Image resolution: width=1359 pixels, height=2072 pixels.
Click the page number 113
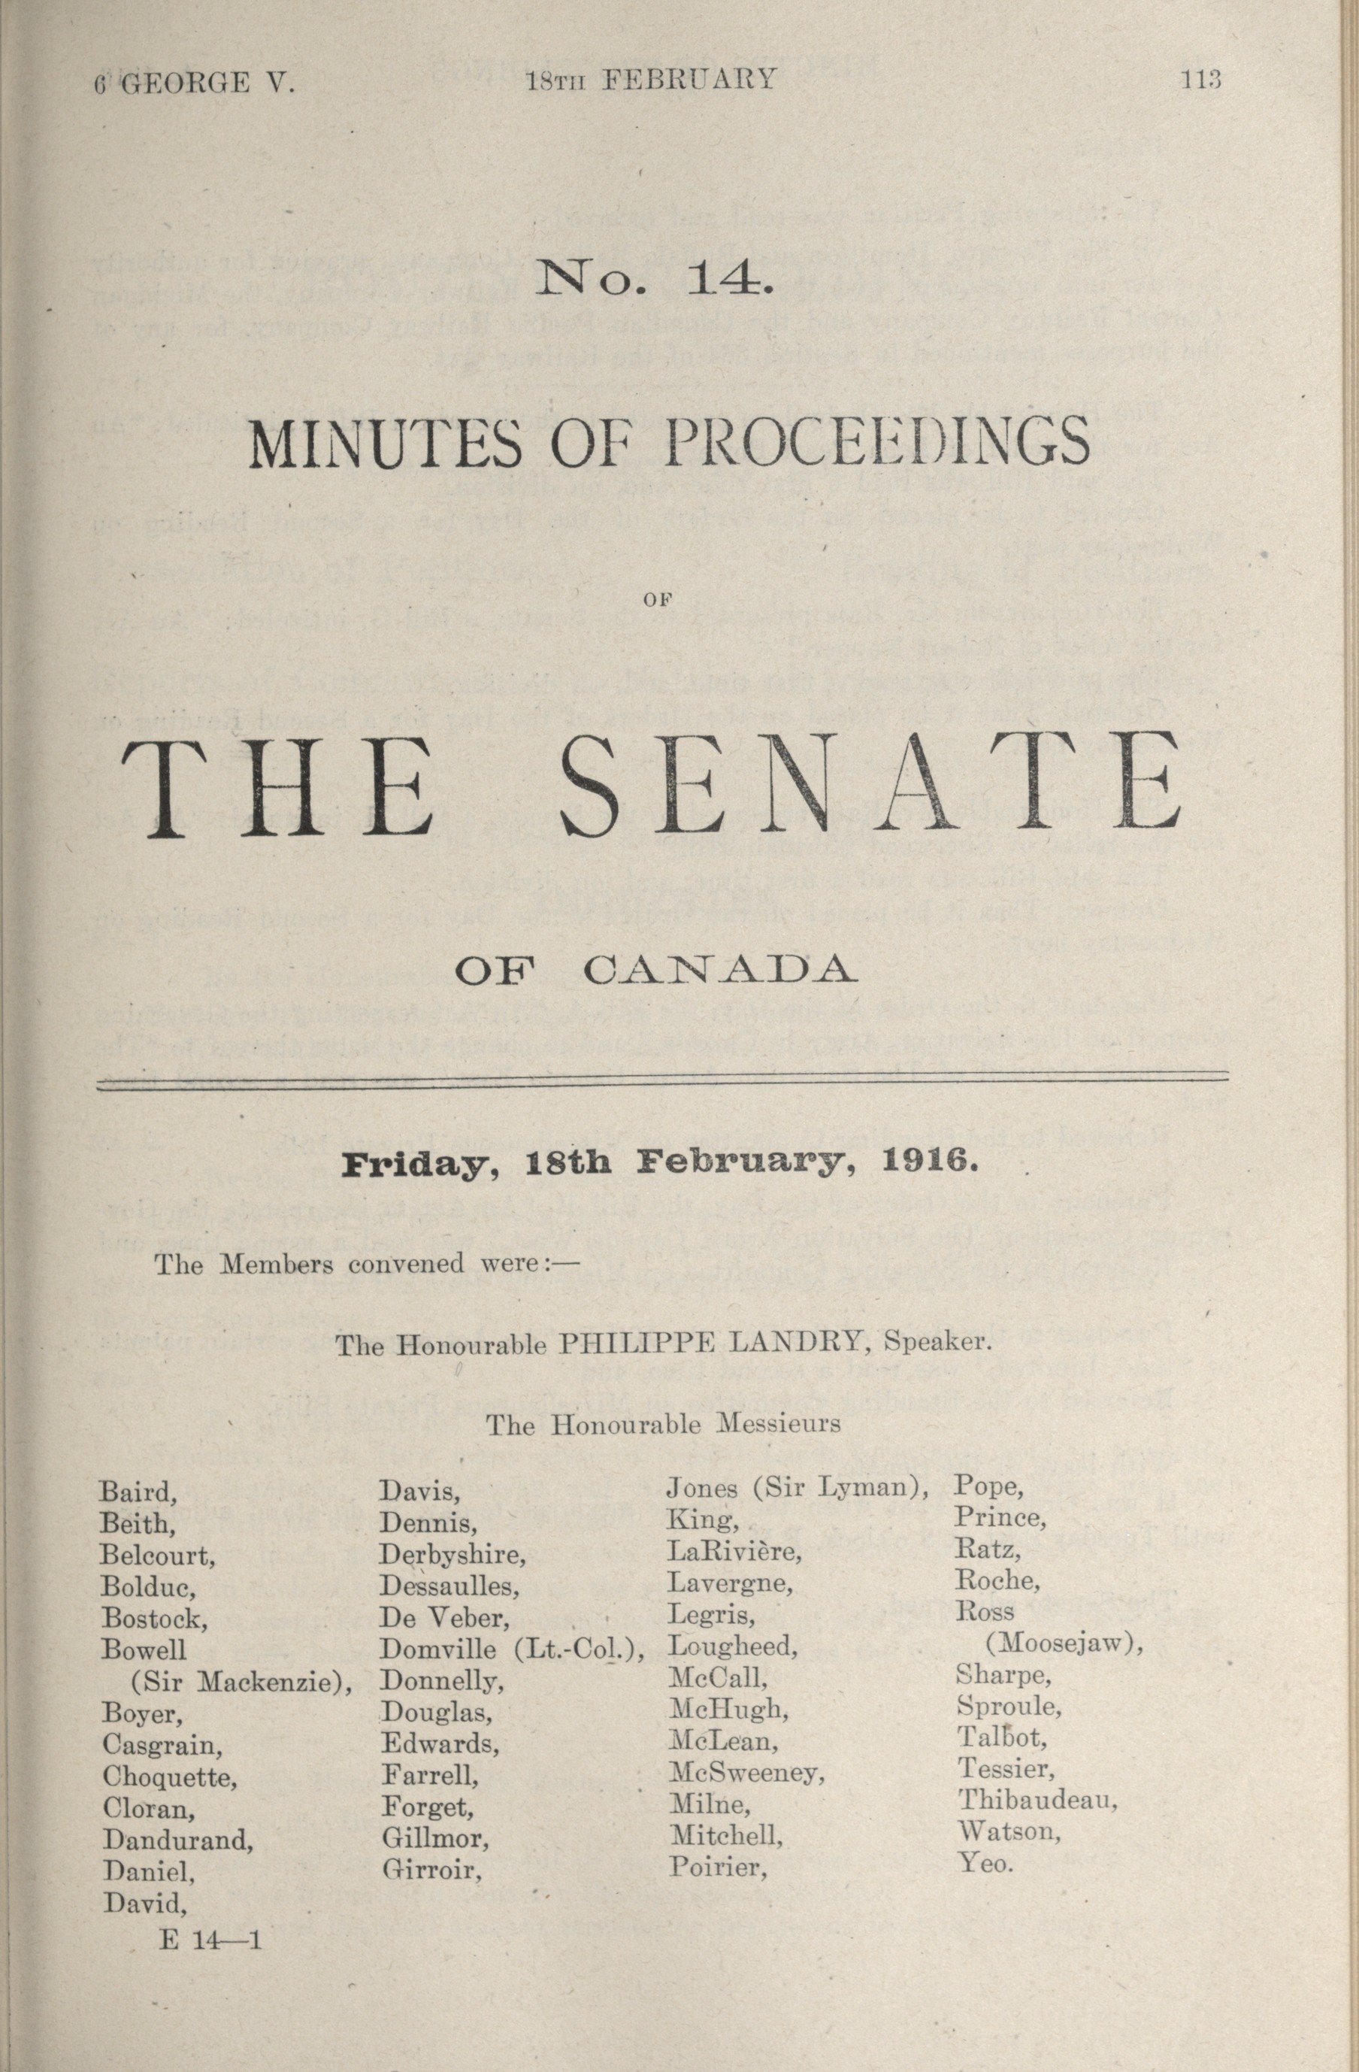point(1200,80)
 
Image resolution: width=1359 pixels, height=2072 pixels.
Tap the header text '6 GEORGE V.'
point(195,83)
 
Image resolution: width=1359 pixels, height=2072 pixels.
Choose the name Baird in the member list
point(138,1492)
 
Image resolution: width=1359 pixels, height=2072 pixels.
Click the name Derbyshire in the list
point(452,1554)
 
